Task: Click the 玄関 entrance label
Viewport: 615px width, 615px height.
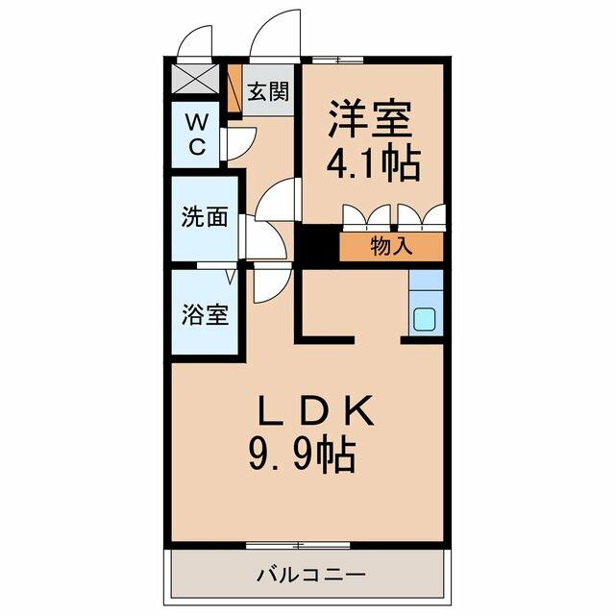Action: (x=268, y=92)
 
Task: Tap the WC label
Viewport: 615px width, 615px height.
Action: (x=196, y=134)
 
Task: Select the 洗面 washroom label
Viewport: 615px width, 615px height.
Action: (x=205, y=217)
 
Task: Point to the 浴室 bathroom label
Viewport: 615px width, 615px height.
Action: (x=206, y=314)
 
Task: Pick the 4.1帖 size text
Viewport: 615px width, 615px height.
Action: (x=374, y=164)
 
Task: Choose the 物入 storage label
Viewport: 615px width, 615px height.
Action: (x=391, y=246)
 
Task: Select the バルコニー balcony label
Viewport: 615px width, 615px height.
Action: (x=310, y=576)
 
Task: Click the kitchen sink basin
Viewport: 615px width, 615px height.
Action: (x=425, y=319)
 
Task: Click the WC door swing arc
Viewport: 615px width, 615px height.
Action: (x=240, y=142)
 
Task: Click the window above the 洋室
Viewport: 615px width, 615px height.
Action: (x=337, y=60)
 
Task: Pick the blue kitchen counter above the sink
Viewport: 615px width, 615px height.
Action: (x=425, y=285)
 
